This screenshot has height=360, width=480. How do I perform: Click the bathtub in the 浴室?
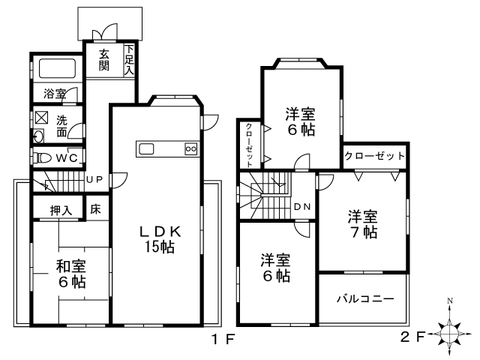coord(57,68)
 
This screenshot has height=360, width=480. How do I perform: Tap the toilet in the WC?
coord(44,158)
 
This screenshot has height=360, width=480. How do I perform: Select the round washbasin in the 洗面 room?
coord(38,136)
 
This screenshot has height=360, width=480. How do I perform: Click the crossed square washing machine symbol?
coord(42,117)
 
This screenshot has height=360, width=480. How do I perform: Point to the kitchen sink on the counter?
coord(146,149)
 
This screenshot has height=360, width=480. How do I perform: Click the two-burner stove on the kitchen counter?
coord(191,149)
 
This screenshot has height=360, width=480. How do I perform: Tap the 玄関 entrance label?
coord(104,60)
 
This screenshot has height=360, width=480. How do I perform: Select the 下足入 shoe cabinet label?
coord(130,60)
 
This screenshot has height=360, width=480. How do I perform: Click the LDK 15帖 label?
coord(160,239)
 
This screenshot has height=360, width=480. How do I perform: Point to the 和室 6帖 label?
coord(71,274)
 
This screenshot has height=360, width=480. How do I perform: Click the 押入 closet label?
coord(61,211)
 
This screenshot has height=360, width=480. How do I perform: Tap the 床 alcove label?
coord(95,209)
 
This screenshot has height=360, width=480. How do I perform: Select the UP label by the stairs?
coord(94,179)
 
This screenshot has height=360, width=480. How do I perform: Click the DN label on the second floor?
coord(302,207)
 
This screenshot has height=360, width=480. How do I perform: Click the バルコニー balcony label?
coord(365,298)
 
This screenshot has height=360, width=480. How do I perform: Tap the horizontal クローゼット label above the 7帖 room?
coord(374,156)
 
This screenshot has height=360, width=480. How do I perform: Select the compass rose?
coord(450,333)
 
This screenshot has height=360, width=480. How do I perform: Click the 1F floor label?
coord(223,339)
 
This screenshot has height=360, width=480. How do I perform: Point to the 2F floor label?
coord(413,337)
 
